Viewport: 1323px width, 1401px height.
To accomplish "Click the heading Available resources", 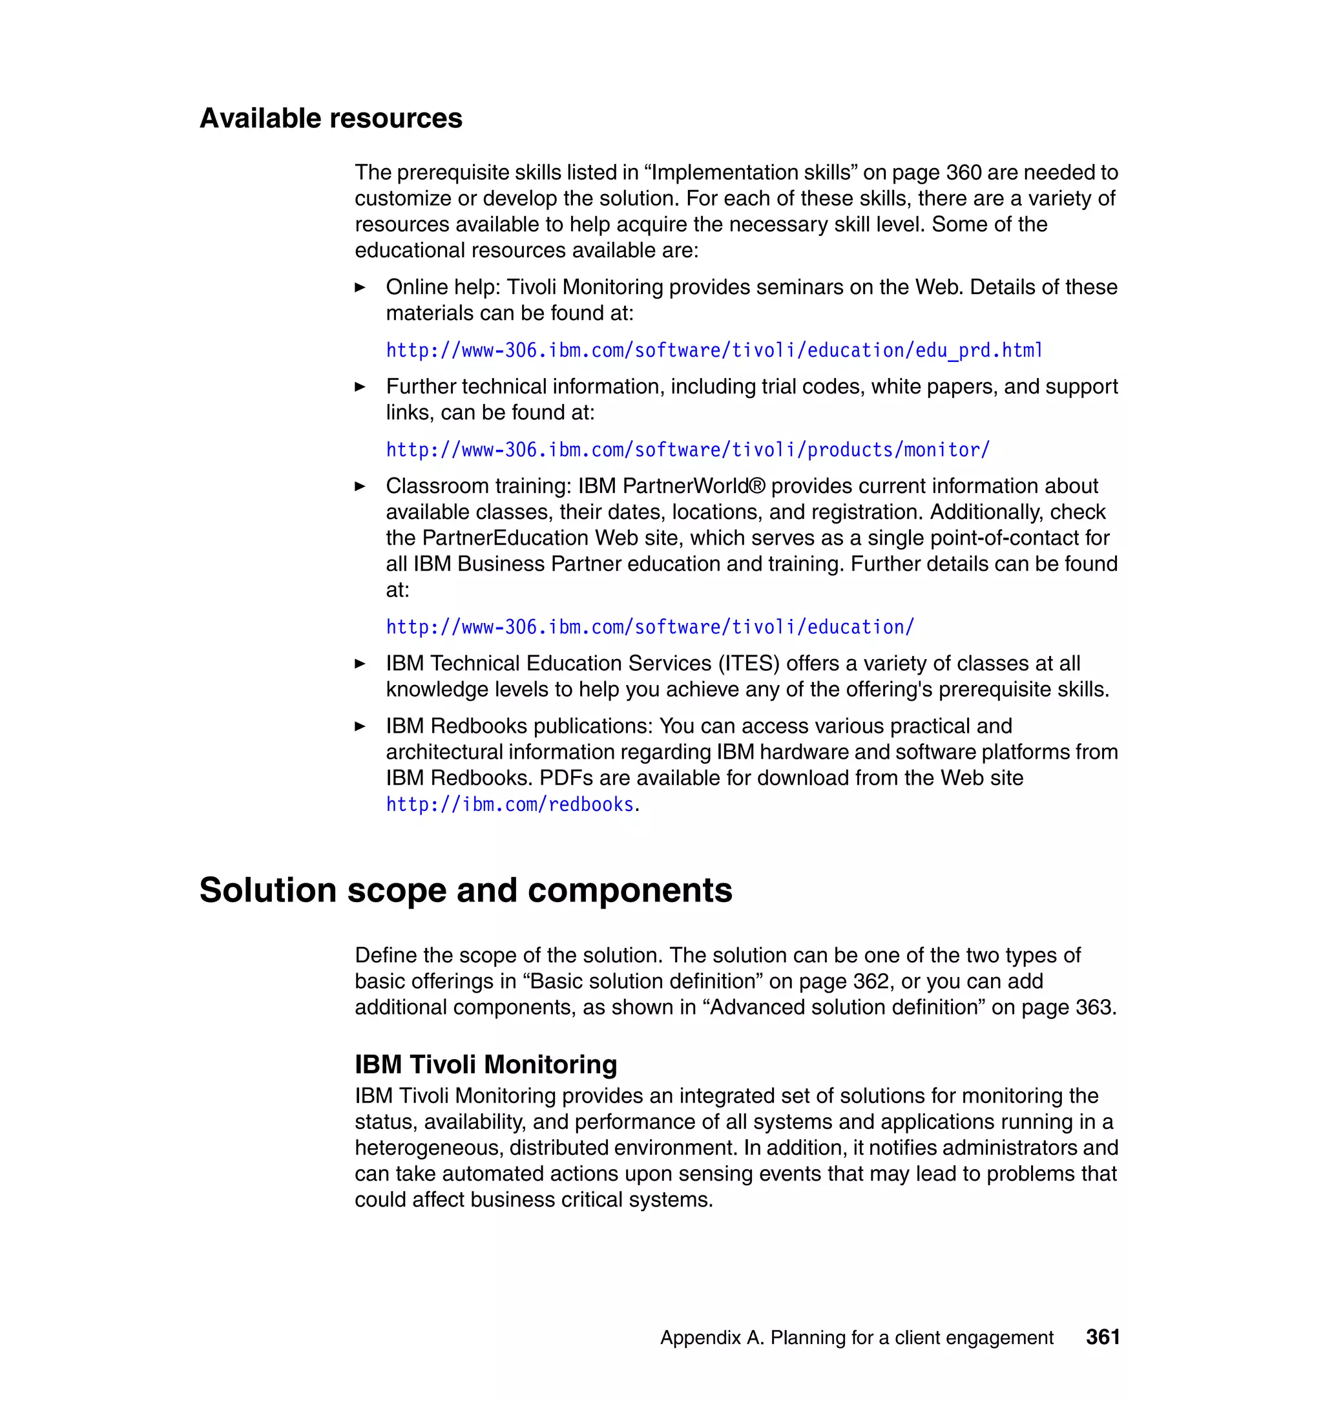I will tap(331, 118).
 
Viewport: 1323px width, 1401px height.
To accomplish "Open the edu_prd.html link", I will tap(714, 351).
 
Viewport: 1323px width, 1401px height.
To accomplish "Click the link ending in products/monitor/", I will tap(687, 450).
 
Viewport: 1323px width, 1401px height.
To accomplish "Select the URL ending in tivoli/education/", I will tap(649, 627).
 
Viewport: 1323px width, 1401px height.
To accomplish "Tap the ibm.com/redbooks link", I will tap(509, 805).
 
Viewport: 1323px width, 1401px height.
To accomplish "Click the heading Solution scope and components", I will tap(466, 890).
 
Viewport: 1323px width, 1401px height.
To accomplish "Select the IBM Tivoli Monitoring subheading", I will tap(485, 1064).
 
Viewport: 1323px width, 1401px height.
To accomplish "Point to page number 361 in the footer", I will tap(1102, 1338).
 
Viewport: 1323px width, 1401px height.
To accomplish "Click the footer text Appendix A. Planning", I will tap(856, 1338).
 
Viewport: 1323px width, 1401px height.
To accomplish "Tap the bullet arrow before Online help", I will tap(360, 288).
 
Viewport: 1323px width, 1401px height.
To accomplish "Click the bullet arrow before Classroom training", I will tap(360, 487).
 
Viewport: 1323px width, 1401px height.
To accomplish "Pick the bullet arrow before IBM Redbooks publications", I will tap(360, 726).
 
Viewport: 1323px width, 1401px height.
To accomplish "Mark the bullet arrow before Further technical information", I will tap(360, 387).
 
